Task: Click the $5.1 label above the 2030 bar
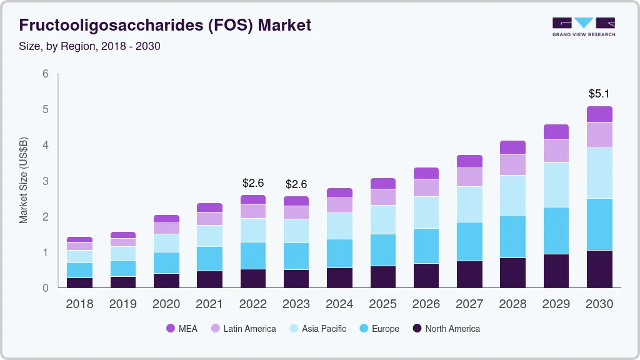[x=599, y=94]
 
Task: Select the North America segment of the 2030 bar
[x=599, y=269]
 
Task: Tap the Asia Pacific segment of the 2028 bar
[x=512, y=195]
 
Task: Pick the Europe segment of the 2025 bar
[x=382, y=250]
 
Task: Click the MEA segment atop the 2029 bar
[x=556, y=132]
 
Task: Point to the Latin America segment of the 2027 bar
[x=469, y=177]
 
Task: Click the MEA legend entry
[x=181, y=328]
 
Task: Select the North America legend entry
[x=446, y=328]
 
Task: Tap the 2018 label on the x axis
[x=79, y=304]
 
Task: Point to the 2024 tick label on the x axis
[x=339, y=304]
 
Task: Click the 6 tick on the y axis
[x=46, y=74]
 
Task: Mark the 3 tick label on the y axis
[x=46, y=181]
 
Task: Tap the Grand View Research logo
[x=583, y=26]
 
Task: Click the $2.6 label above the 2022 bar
[x=252, y=183]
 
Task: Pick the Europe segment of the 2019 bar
[x=123, y=268]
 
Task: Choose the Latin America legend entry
[x=242, y=328]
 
